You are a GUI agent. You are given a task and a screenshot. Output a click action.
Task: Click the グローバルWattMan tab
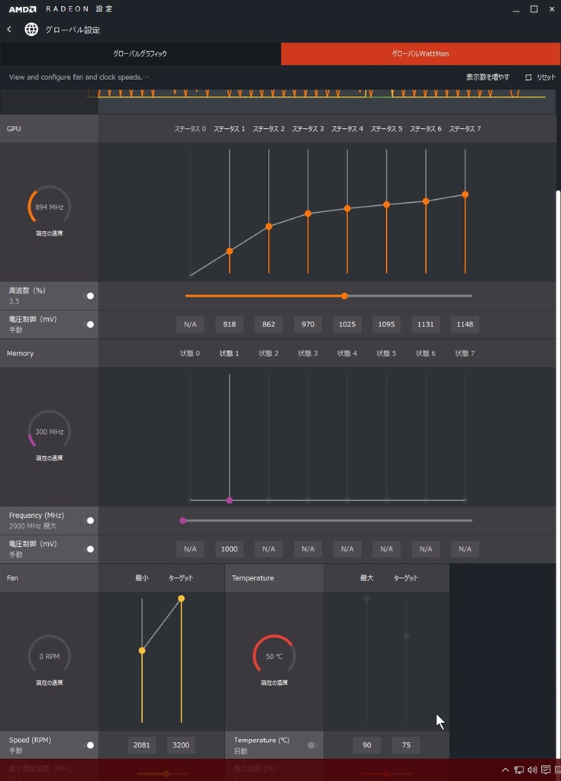(421, 54)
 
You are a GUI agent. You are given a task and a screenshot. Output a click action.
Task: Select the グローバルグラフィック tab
(140, 54)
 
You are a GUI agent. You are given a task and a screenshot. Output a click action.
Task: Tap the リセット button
(540, 77)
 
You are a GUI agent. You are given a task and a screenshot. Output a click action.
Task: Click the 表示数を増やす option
(488, 77)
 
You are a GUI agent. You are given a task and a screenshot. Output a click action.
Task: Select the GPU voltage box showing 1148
(465, 324)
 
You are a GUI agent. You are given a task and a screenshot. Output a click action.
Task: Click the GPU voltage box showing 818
(229, 324)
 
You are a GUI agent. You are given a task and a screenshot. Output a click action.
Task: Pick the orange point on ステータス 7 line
(465, 194)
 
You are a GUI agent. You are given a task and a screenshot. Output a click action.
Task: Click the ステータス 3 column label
(308, 129)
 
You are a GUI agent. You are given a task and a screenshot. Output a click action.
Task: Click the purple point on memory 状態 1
(229, 500)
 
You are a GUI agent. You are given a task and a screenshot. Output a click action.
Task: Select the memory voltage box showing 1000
(229, 548)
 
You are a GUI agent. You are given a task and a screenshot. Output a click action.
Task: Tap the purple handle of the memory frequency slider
(183, 520)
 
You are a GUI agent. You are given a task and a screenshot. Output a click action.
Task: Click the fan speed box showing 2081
(142, 744)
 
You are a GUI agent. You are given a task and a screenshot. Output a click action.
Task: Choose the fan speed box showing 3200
(181, 744)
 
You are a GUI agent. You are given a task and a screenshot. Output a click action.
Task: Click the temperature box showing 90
(367, 744)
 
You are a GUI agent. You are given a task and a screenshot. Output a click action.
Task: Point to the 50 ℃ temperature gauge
(274, 656)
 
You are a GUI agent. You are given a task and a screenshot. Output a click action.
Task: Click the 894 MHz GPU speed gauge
(50, 207)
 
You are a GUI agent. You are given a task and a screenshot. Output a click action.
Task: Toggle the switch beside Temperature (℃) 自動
(311, 745)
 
